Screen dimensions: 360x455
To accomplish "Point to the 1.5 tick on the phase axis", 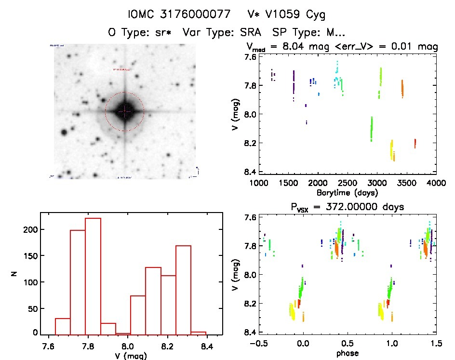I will [x=436, y=344].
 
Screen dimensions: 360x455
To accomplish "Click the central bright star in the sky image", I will [x=124, y=111].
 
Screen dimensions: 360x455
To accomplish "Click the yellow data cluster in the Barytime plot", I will [x=391, y=149].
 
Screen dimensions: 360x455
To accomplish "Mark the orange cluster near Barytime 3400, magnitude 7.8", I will [x=402, y=89].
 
